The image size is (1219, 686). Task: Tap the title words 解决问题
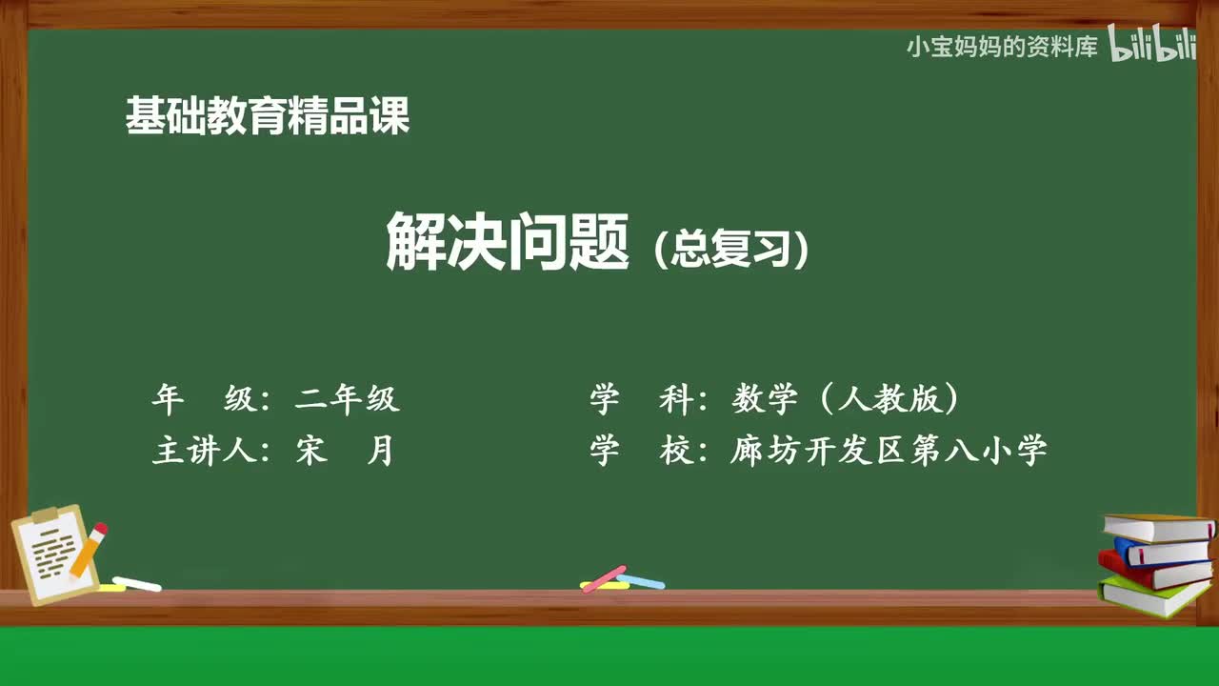[508, 242]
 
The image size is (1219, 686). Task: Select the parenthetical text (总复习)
[731, 250]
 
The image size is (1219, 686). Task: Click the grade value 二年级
[348, 399]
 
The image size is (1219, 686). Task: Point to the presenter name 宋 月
[345, 450]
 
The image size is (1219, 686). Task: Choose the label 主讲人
[203, 450]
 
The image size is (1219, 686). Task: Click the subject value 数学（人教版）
[846, 399]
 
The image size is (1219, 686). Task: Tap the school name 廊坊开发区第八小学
[889, 450]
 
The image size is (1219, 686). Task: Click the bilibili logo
[1152, 45]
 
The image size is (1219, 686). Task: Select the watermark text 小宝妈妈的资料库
[1002, 47]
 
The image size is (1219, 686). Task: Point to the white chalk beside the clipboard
[137, 583]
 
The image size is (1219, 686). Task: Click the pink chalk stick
[604, 578]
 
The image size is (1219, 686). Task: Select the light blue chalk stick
[641, 580]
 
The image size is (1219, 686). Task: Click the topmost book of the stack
[1156, 527]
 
